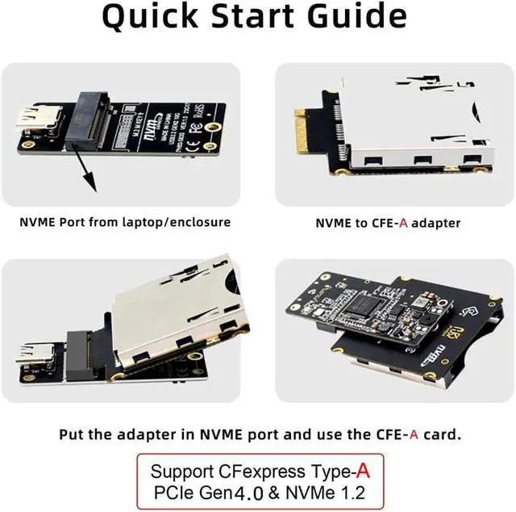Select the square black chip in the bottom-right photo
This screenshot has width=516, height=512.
click(x=368, y=304)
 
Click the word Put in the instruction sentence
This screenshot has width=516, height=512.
click(x=71, y=434)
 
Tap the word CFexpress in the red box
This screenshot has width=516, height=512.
click(x=261, y=471)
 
